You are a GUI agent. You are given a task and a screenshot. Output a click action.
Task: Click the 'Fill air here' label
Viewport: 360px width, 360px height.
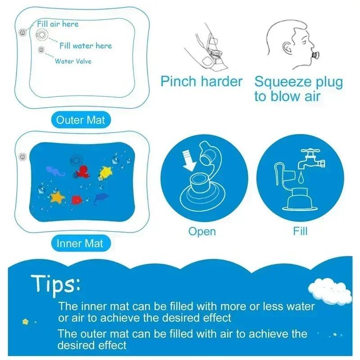pos(58,23)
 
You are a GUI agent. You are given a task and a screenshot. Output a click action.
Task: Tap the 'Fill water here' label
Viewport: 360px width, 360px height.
pos(85,45)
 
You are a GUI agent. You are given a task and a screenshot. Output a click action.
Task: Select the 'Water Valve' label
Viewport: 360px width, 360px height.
pos(73,61)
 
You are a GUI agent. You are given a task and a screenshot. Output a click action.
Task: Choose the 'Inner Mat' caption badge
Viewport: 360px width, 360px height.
pos(80,243)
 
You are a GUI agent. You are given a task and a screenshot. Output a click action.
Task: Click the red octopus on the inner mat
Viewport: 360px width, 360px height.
pos(82,172)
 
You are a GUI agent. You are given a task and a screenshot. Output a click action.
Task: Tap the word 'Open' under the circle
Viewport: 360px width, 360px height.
pos(202,232)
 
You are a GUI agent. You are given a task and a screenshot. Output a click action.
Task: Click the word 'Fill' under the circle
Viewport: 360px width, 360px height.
pos(300,232)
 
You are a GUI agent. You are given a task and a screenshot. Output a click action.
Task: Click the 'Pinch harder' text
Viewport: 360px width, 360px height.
pos(202,82)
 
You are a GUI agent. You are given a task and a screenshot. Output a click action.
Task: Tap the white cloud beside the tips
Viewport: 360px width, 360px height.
pos(332,290)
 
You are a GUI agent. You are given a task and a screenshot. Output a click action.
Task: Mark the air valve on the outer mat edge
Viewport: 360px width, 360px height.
pos(21,32)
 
